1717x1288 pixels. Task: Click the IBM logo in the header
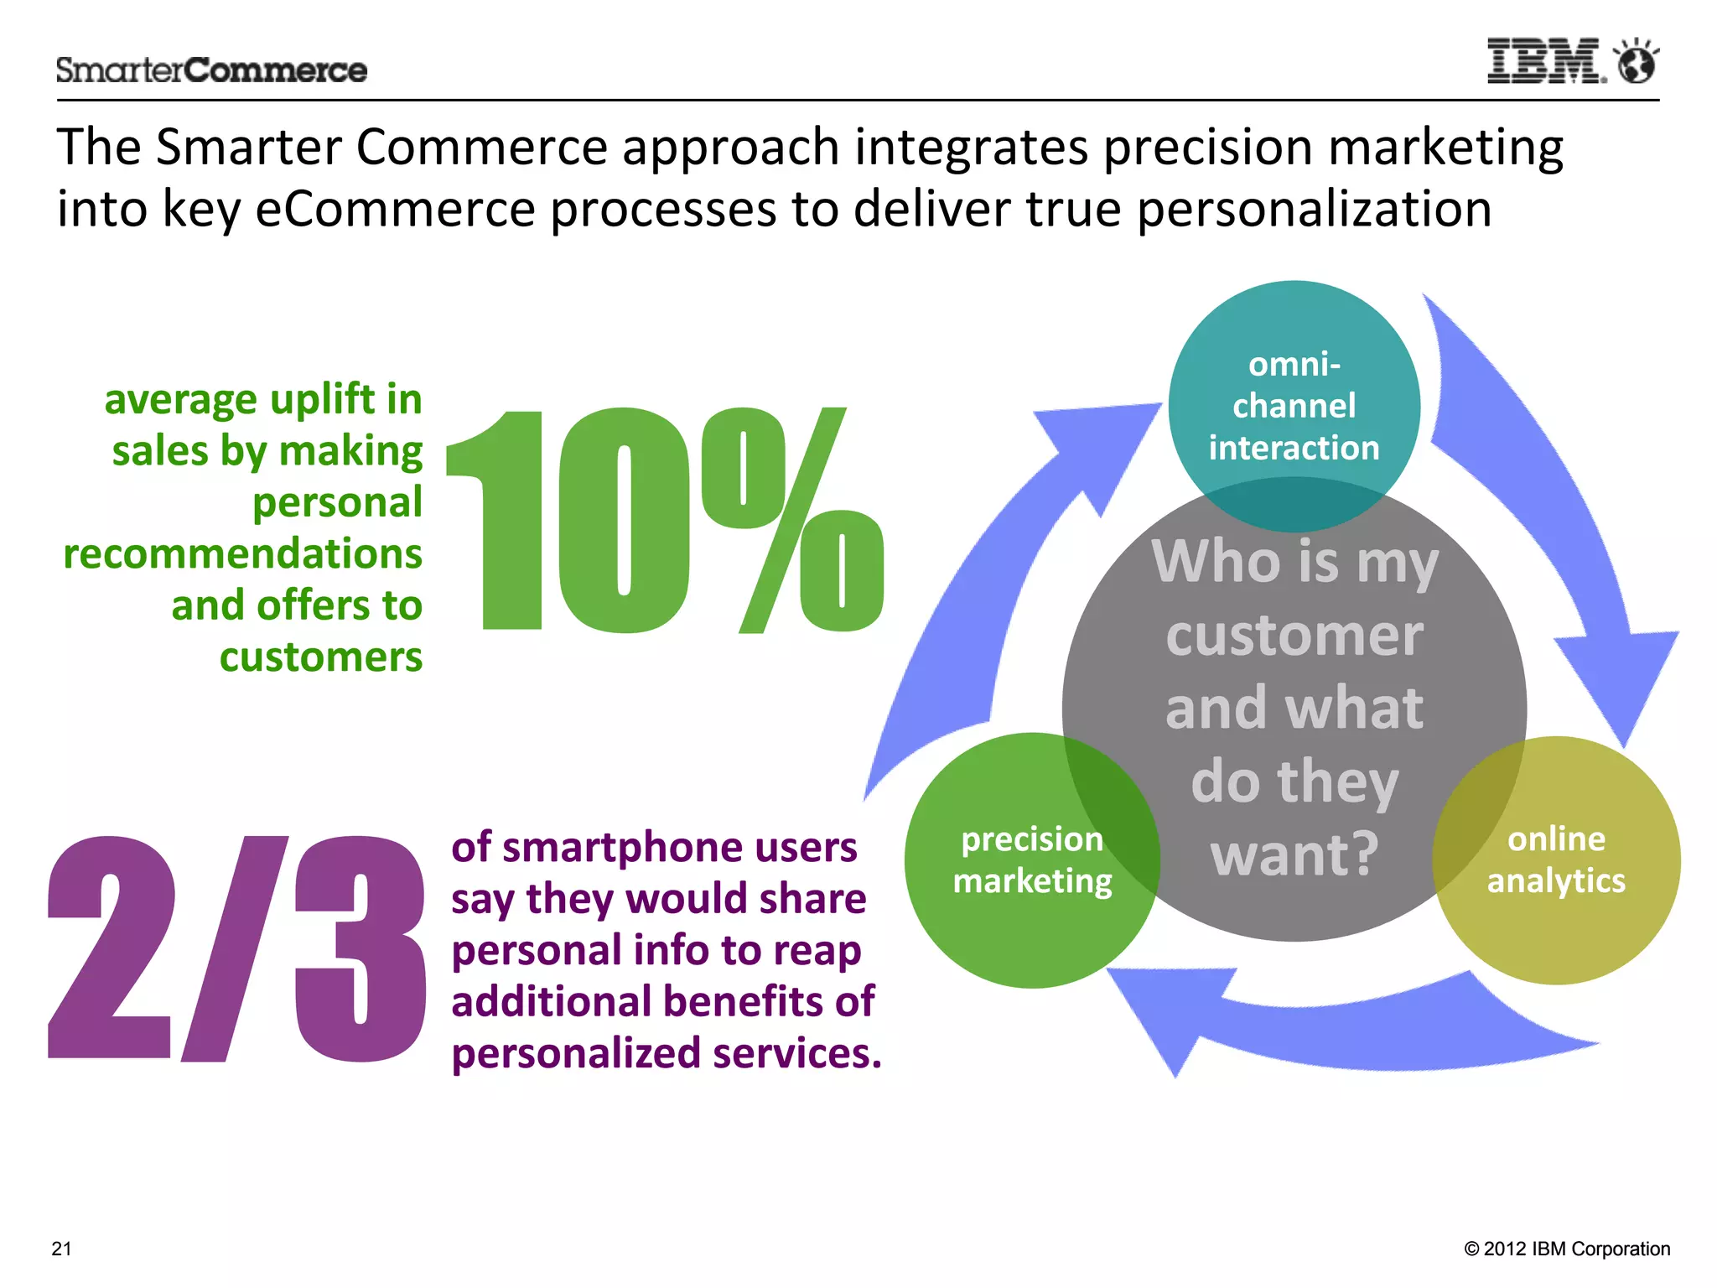tap(1545, 62)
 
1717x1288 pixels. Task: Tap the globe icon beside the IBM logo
tap(1637, 62)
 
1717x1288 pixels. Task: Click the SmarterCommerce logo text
tap(211, 70)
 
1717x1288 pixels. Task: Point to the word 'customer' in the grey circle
tap(1294, 635)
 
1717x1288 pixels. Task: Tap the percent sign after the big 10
tap(792, 520)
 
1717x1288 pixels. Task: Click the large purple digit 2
tap(113, 948)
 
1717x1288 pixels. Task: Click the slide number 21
tap(62, 1249)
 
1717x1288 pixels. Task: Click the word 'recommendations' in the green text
tap(243, 554)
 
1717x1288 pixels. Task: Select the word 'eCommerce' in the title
tap(395, 209)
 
